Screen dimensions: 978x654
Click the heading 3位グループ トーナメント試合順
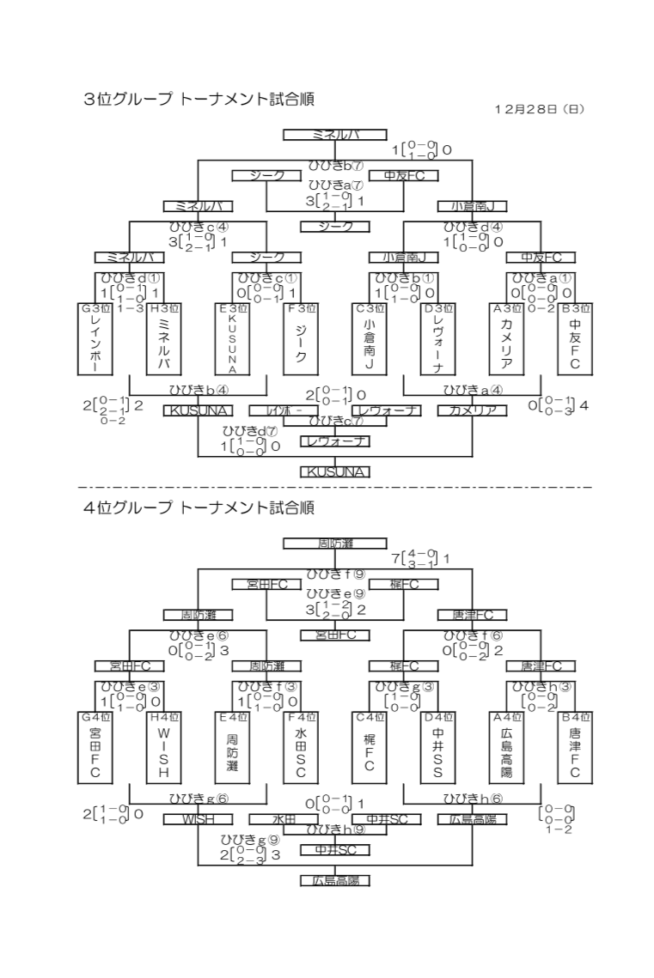[x=199, y=100]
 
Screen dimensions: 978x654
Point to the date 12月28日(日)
[x=539, y=109]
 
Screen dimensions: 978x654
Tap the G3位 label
[x=95, y=308]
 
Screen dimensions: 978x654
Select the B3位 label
[x=575, y=308]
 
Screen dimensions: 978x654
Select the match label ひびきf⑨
[x=335, y=573]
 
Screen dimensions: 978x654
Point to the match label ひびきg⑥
[x=199, y=798]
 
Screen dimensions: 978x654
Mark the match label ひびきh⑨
[x=335, y=829]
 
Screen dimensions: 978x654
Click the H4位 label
[x=163, y=717]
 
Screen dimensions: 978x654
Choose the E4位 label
[x=232, y=717]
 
